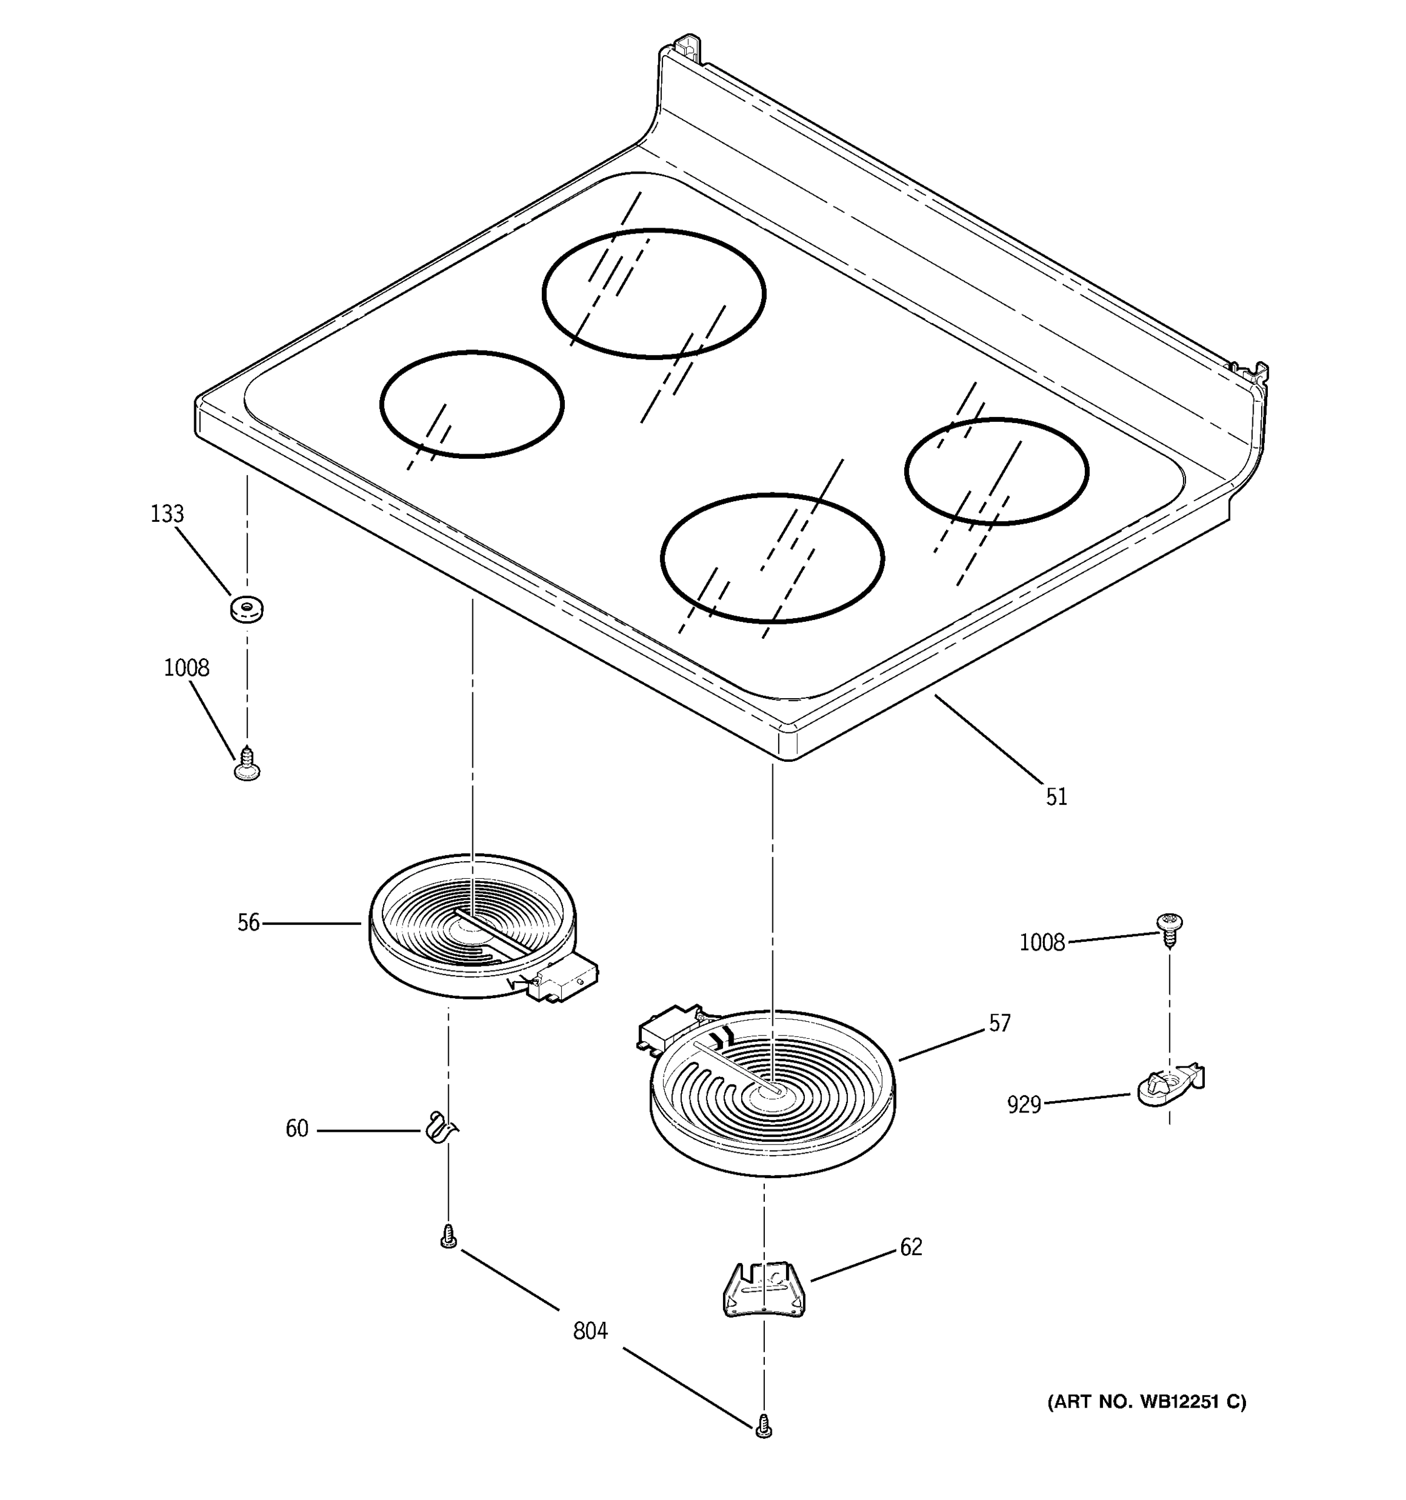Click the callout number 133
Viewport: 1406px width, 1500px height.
pos(167,514)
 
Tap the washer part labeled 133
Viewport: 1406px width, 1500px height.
pos(247,608)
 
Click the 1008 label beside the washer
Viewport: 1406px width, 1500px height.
pos(186,667)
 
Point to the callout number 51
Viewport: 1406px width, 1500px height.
pos(1056,797)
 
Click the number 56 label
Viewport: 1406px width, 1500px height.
pos(248,922)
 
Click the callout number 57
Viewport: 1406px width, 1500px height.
pos(999,1023)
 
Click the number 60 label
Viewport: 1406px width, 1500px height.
pos(296,1129)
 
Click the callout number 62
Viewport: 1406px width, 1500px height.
pos(910,1247)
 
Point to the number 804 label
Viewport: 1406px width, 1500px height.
pos(590,1331)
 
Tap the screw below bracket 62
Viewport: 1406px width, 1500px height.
pos(764,1424)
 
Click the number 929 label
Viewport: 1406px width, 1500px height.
pos(1024,1104)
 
